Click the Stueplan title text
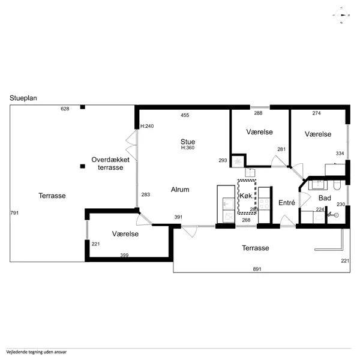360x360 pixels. click(x=23, y=98)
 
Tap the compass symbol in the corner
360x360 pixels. click(x=341, y=16)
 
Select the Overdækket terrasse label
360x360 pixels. click(x=110, y=163)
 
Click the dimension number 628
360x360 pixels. click(x=65, y=109)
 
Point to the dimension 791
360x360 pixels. click(x=14, y=213)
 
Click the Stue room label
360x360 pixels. click(x=188, y=142)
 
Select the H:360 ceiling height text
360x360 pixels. click(x=188, y=148)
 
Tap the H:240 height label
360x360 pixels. click(x=147, y=126)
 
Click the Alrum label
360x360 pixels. click(x=180, y=190)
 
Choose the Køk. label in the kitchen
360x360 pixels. click(x=247, y=196)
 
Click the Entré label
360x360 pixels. click(x=287, y=203)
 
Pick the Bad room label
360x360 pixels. click(x=325, y=198)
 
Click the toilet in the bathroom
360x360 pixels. click(x=337, y=185)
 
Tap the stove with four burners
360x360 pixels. click(x=264, y=204)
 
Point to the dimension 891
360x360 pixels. click(x=257, y=269)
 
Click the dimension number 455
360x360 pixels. click(x=185, y=115)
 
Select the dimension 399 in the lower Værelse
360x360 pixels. click(x=124, y=255)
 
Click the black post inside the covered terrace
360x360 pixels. click(x=83, y=166)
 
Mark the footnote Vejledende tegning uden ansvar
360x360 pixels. click(x=36, y=352)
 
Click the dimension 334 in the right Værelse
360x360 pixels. click(x=340, y=154)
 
